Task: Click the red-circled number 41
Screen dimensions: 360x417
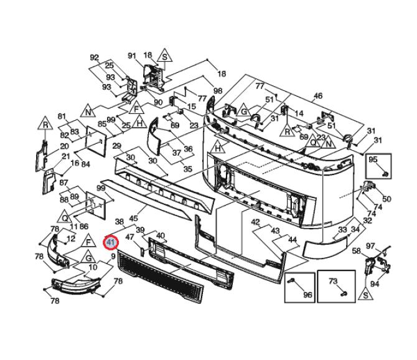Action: point(111,242)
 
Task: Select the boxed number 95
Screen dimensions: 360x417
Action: point(373,160)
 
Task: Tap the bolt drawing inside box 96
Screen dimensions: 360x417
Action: point(293,283)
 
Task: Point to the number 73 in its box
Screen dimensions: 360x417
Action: point(332,282)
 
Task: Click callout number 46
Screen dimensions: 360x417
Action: point(318,96)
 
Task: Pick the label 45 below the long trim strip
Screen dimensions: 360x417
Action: point(133,218)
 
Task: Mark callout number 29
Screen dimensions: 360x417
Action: point(116,146)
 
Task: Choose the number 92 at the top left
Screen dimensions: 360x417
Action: point(94,58)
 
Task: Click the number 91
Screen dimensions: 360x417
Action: point(132,56)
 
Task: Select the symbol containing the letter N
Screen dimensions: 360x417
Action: point(89,112)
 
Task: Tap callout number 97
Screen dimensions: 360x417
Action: point(370,246)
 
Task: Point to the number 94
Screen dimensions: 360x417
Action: point(375,284)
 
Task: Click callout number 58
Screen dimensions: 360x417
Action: point(356,251)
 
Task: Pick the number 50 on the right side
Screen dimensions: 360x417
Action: point(387,199)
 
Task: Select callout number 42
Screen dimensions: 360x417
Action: point(255,222)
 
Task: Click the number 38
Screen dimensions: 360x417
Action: point(119,222)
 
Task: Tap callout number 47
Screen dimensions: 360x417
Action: point(130,237)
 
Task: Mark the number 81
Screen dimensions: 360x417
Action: point(62,116)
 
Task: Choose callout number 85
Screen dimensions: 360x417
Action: point(101,124)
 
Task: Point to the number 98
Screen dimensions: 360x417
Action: point(218,92)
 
